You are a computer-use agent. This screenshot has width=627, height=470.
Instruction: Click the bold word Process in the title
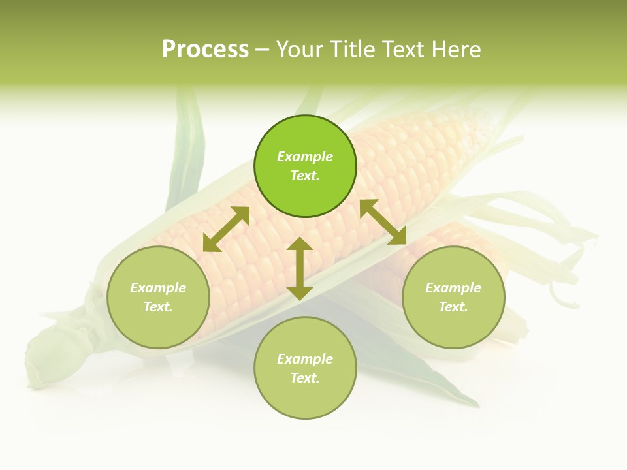(205, 50)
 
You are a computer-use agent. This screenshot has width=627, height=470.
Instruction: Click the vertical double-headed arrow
(300, 268)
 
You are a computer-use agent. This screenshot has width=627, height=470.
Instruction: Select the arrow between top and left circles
(226, 228)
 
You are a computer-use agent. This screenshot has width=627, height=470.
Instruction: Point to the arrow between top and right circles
(383, 223)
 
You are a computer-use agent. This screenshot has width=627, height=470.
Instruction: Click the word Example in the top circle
(305, 157)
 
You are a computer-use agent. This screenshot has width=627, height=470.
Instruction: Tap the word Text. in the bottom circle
(305, 378)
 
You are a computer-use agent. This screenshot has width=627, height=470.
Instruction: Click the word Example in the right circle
(453, 288)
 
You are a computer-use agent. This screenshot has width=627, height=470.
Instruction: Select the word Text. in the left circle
(158, 307)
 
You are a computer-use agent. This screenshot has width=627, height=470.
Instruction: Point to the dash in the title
(262, 50)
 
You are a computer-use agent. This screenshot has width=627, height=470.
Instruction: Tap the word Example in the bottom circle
(305, 359)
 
